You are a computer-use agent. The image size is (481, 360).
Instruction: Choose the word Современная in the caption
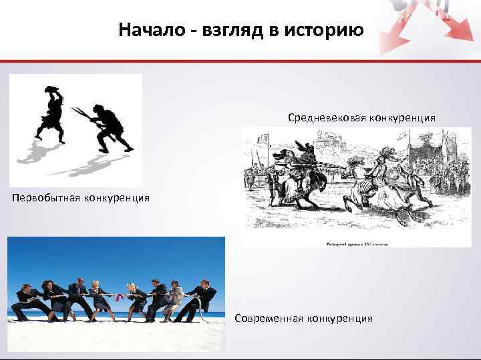pos(269,318)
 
